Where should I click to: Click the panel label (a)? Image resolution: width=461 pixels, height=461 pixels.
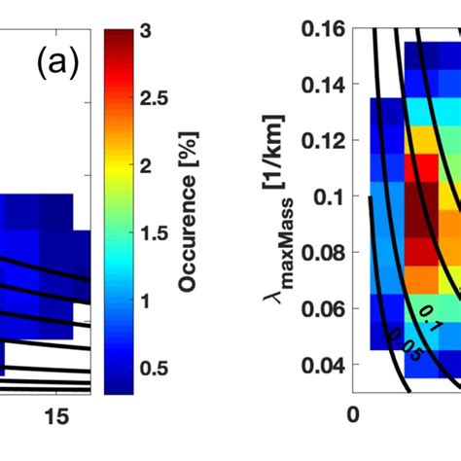(55, 65)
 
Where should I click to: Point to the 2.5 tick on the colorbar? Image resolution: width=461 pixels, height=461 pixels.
(157, 98)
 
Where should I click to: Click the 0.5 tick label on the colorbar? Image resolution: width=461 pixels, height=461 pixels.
(157, 369)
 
